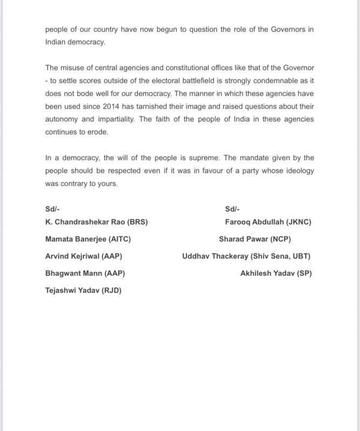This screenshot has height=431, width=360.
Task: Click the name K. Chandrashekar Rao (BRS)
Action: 96,221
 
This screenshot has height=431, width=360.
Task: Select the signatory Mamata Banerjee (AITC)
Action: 88,239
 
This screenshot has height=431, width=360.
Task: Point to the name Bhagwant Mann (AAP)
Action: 85,273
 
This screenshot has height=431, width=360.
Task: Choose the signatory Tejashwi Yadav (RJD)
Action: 84,290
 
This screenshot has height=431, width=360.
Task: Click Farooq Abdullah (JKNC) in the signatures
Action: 268,221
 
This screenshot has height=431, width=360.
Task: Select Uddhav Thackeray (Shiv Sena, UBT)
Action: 246,256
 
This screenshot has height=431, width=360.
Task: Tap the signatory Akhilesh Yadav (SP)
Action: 276,273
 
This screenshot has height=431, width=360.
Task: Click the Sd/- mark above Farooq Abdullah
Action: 232,209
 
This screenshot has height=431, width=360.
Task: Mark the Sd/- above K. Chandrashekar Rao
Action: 53,209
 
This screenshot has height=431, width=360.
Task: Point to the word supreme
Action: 218,158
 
